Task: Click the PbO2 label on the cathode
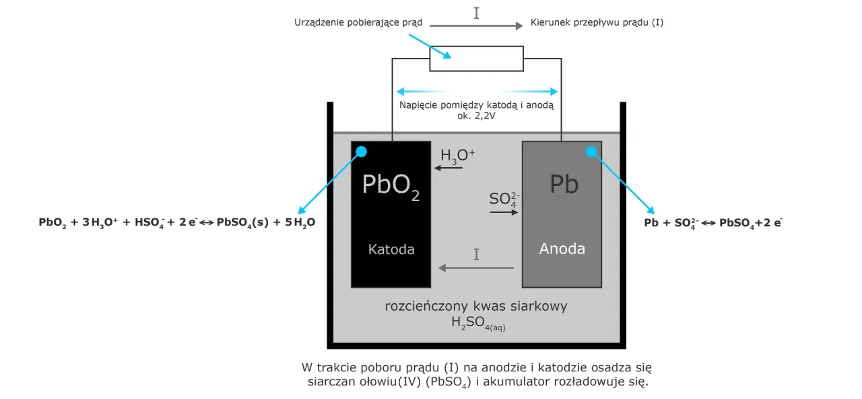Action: [391, 185]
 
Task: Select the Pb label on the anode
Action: [564, 184]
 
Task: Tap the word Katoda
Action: [391, 249]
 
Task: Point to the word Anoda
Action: [562, 249]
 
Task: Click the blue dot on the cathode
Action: [362, 152]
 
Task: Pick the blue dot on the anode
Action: [592, 152]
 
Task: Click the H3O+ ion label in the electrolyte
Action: [457, 156]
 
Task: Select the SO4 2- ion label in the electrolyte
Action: [504, 199]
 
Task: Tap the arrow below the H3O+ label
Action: [449, 167]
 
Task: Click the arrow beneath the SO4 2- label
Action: [504, 212]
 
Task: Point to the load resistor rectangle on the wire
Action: [476, 59]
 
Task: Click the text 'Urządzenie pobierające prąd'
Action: [358, 22]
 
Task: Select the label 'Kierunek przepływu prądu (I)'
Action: [597, 22]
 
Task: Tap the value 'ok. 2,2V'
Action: [476, 115]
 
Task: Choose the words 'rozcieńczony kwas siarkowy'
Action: [476, 306]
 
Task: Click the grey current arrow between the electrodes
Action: [476, 268]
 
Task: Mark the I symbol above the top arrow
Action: [477, 13]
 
